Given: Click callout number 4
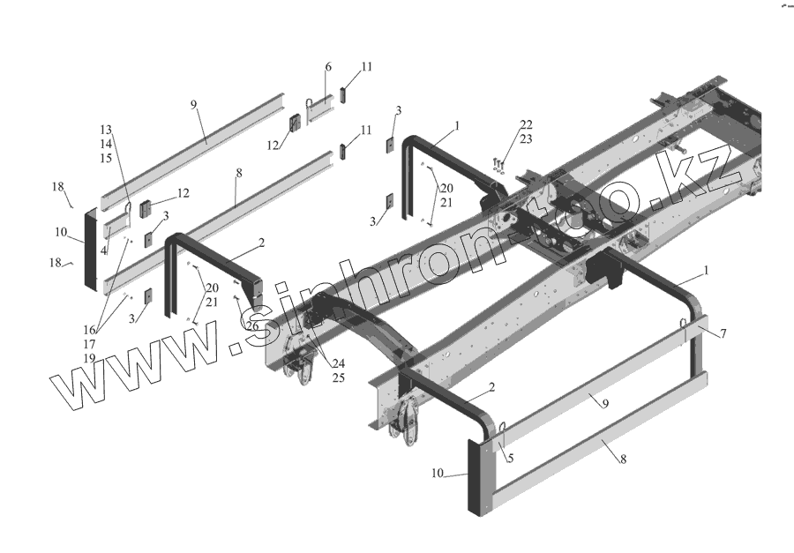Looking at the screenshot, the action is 103,251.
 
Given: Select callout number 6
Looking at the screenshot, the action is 327,67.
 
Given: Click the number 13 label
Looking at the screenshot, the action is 106,130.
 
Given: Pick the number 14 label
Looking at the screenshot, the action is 106,144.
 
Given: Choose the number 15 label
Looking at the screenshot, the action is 106,158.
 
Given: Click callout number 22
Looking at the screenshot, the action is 526,124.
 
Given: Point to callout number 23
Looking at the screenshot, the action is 526,138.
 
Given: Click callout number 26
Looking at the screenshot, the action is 253,326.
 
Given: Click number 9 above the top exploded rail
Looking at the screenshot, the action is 192,105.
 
